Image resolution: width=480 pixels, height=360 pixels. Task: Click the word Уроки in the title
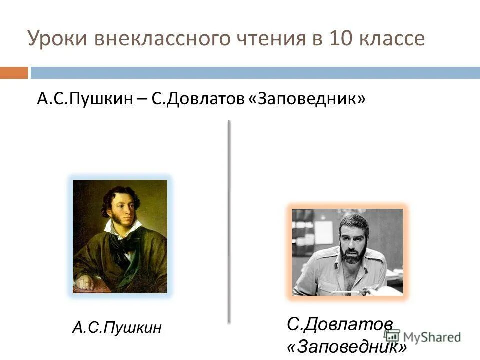56,39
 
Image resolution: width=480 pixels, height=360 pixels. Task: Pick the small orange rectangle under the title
13,73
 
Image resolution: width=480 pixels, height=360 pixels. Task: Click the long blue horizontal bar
255,73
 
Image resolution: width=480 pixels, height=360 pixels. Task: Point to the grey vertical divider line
229,220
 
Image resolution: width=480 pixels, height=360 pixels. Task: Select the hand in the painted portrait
86,283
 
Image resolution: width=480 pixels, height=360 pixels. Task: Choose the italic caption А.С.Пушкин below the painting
117,328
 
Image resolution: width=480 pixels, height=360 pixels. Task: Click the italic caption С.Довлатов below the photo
340,324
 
